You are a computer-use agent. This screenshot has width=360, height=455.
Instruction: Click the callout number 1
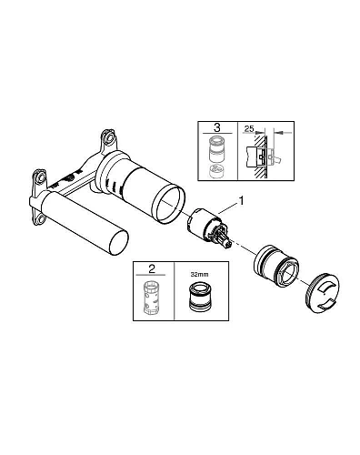[x=241, y=201]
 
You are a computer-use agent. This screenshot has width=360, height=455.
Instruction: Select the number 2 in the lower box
[x=152, y=268]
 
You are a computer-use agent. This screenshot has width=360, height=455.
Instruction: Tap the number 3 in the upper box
[x=217, y=127]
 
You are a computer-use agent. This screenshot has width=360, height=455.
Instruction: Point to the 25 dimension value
[x=249, y=128]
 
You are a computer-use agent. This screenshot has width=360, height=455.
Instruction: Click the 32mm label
[x=199, y=274]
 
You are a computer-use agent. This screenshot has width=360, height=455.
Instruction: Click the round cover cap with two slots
[x=323, y=293]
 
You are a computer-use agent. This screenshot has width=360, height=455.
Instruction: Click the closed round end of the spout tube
[x=119, y=242]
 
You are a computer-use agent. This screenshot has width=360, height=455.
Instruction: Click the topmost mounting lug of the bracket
[x=108, y=136]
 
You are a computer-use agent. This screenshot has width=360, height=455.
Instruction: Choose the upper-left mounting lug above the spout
[x=40, y=178]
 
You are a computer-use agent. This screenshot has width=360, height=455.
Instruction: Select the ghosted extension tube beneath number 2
[x=151, y=298]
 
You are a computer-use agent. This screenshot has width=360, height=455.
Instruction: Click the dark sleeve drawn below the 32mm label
[x=200, y=298]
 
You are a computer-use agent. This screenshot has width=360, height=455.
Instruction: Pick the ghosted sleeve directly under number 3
[x=216, y=149]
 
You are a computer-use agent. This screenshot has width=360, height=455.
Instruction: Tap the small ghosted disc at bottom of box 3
[x=216, y=171]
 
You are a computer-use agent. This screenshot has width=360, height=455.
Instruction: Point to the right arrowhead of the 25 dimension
[x=280, y=133]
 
